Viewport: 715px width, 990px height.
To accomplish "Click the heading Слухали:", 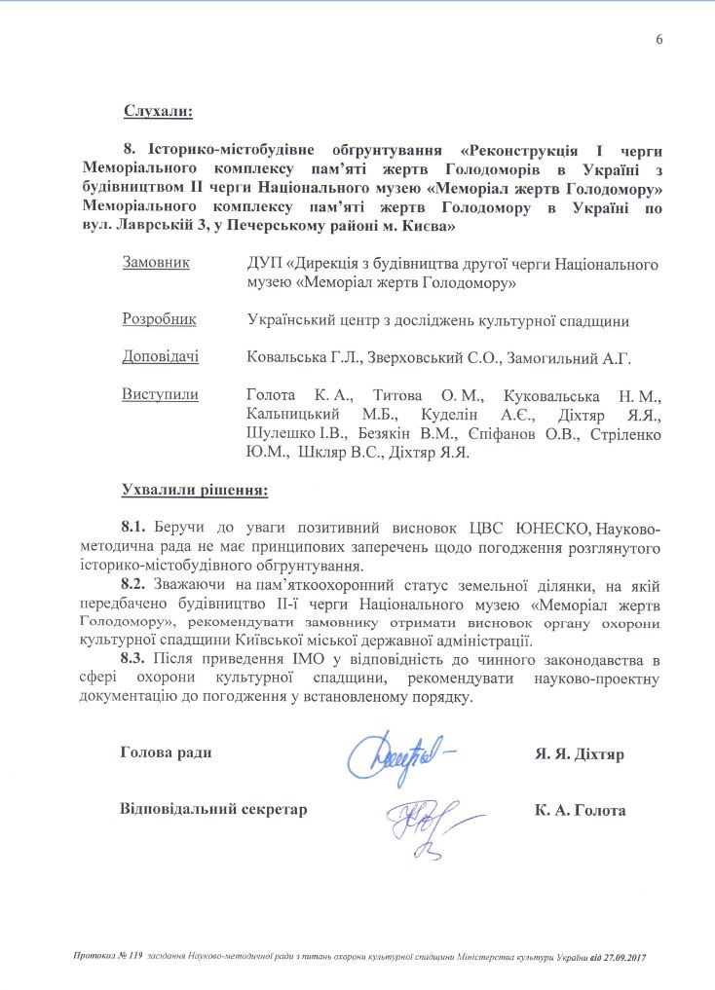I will [x=158, y=111].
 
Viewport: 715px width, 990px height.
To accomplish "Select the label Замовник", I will [x=155, y=263].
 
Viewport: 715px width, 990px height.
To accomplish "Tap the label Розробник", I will [x=159, y=319].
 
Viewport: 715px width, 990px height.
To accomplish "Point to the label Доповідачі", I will [x=160, y=357].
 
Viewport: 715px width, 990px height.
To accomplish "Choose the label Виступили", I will [x=160, y=395].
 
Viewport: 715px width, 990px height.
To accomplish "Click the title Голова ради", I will [x=165, y=753].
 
